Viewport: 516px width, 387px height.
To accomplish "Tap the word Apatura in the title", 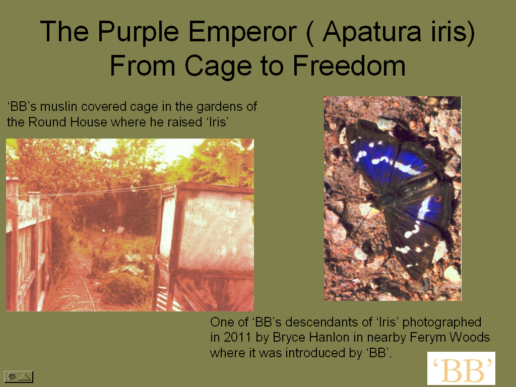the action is [372, 32].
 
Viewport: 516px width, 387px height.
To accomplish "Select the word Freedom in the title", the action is [349, 66].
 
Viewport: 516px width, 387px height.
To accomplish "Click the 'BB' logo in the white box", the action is [461, 368].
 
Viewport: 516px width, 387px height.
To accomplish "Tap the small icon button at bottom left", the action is [19, 377].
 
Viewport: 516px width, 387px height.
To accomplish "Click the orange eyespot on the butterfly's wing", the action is [438, 199].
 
